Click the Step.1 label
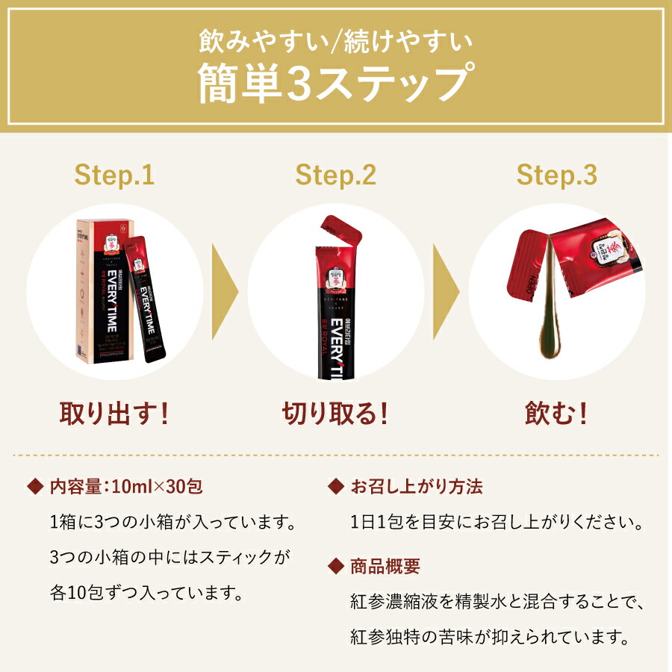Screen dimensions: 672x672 (x=114, y=175)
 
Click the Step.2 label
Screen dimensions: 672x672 (x=335, y=175)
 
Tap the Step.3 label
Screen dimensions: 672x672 (x=557, y=175)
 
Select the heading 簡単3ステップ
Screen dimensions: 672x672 (x=335, y=84)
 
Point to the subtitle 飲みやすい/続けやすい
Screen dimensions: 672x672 (x=335, y=40)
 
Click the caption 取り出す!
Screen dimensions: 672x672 (x=114, y=413)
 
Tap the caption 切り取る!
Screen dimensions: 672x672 (x=335, y=413)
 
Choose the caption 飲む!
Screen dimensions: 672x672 (x=557, y=413)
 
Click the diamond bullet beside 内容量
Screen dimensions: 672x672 (x=34, y=487)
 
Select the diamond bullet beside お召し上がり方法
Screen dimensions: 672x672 (x=335, y=487)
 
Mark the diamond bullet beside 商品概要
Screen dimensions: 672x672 (x=335, y=566)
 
